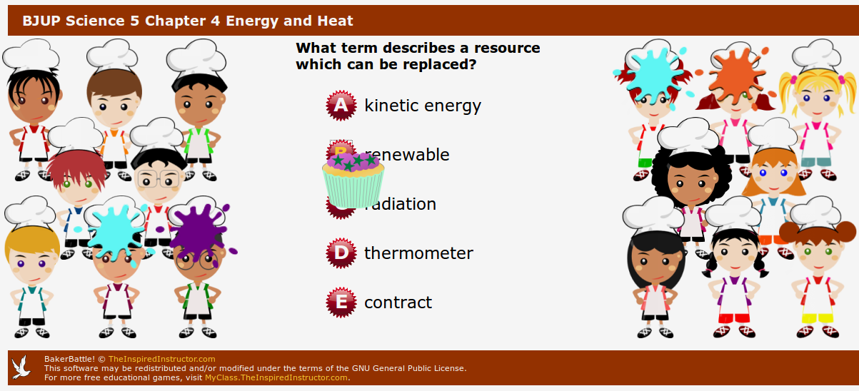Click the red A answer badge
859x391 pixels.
(x=341, y=106)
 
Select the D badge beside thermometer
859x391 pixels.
(x=341, y=253)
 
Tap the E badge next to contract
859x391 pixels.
(x=341, y=302)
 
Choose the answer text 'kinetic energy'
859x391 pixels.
(x=423, y=106)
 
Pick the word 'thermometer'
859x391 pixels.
(x=418, y=253)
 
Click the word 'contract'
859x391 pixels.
(x=398, y=303)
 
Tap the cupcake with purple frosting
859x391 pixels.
(x=353, y=179)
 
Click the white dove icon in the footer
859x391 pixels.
(x=21, y=367)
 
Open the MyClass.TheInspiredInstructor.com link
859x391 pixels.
(x=276, y=377)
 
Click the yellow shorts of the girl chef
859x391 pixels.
(x=818, y=318)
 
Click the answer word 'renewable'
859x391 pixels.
(x=407, y=155)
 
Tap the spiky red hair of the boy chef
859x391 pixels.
(x=76, y=168)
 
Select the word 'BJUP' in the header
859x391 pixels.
(x=41, y=21)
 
